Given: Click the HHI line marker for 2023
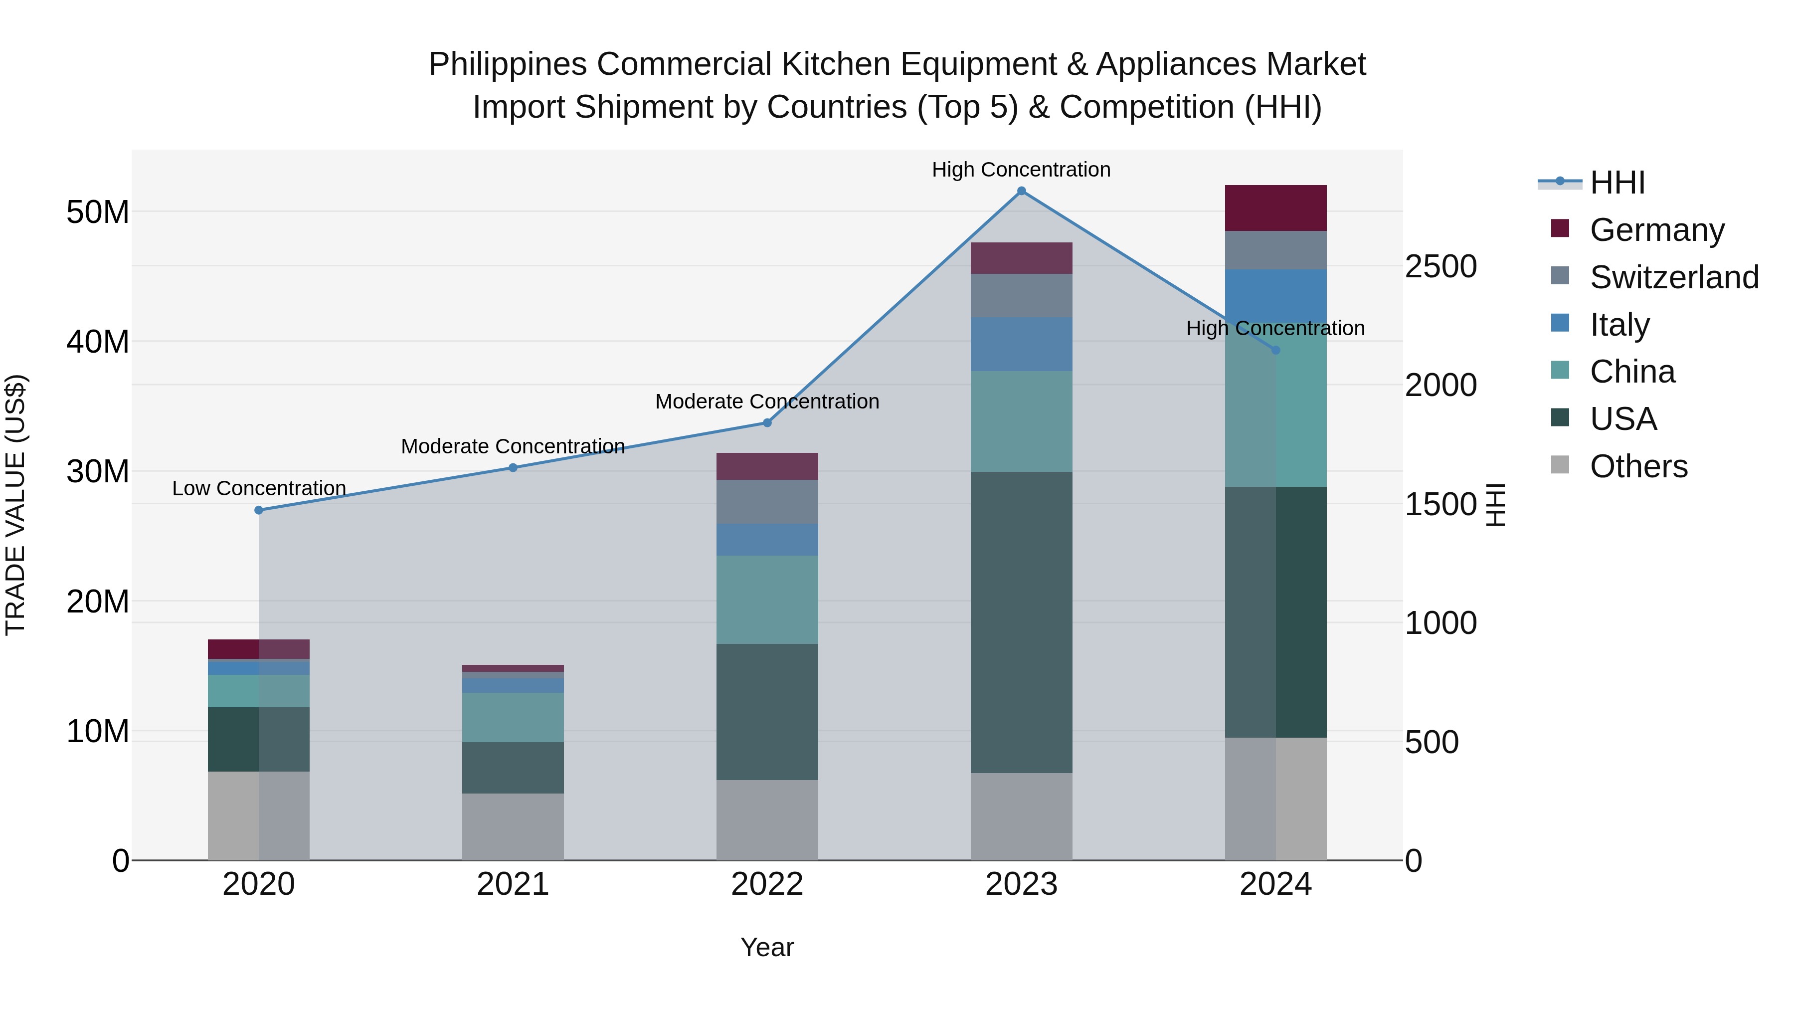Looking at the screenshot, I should tap(1022, 191).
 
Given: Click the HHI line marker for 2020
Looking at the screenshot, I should tap(258, 510).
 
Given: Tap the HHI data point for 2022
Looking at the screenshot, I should tap(767, 422).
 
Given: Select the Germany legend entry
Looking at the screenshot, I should tap(1656, 229).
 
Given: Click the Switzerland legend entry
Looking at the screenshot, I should tap(1674, 277).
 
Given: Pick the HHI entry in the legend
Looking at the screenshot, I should tap(1616, 183).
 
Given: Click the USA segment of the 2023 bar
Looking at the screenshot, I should tap(1022, 622).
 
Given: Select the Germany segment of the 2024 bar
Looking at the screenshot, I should tap(1276, 207).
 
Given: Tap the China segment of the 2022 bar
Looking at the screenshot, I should tap(767, 600).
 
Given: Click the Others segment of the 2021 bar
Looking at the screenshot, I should tap(513, 826).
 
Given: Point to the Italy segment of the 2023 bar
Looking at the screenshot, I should tap(1022, 344).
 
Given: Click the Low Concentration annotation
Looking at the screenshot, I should tap(258, 488).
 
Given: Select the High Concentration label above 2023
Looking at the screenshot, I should tap(1022, 170).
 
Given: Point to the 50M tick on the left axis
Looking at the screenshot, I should tap(98, 212).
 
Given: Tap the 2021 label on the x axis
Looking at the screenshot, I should tap(513, 884).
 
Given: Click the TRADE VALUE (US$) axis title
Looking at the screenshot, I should tap(15, 505).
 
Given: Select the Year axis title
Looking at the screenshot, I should tap(767, 947).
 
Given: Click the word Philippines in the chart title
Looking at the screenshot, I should tap(507, 64).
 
